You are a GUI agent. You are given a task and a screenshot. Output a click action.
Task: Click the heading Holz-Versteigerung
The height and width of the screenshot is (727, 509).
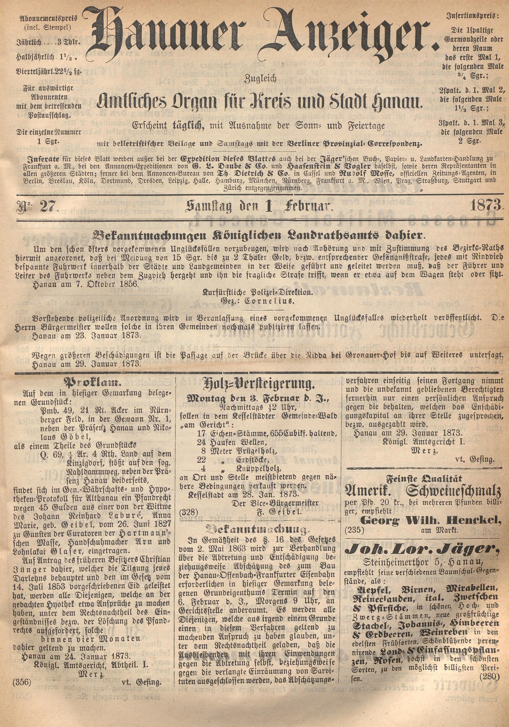[x=258, y=385]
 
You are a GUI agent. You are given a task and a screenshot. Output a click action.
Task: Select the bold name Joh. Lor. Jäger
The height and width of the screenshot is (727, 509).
[x=424, y=549]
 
